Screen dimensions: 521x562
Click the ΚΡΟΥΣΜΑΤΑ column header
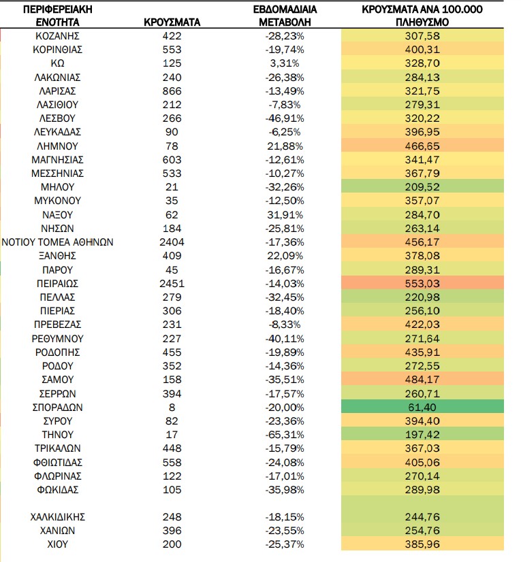(172, 22)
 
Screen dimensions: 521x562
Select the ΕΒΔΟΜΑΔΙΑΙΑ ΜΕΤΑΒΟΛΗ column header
(285, 16)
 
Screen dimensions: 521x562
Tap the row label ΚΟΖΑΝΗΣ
(57, 36)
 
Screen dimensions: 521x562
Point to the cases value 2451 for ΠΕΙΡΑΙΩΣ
(172, 284)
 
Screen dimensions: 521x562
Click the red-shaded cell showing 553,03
(422, 283)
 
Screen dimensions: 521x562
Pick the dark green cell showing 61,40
(422, 407)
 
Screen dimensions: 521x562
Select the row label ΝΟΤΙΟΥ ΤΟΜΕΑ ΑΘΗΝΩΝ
(57, 242)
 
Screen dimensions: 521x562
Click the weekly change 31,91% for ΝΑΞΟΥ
(285, 215)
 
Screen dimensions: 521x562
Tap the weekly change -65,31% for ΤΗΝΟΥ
(285, 435)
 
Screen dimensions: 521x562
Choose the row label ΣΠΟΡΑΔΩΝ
(57, 408)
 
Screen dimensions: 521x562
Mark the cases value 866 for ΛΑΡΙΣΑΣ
(172, 91)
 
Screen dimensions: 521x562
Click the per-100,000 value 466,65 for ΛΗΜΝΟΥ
(422, 146)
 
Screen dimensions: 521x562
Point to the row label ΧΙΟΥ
(57, 544)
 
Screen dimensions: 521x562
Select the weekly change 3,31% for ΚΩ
(285, 63)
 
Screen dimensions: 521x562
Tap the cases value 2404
(172, 242)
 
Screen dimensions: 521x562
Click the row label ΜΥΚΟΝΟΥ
(57, 201)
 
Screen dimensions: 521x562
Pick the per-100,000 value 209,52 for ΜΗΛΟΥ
(422, 187)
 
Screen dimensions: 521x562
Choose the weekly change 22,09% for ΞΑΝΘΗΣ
(285, 256)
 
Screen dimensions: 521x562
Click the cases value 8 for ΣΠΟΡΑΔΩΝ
(172, 408)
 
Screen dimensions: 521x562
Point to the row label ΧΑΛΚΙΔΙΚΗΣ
(57, 517)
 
